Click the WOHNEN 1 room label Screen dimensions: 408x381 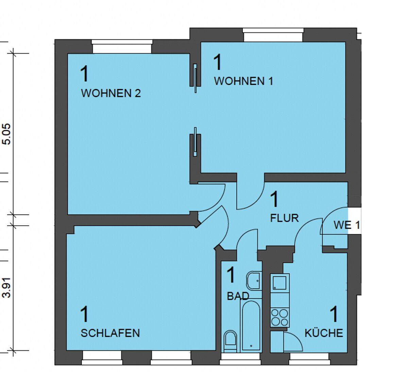click(244, 81)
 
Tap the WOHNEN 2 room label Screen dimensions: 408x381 click(111, 93)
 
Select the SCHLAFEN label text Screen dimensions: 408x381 click(110, 333)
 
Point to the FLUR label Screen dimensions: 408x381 click(284, 218)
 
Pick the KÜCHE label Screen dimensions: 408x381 click(324, 333)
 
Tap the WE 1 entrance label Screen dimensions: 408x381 click(347, 225)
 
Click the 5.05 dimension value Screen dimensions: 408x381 click(7, 134)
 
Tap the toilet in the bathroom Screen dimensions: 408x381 click(230, 341)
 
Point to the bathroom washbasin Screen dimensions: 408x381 click(254, 280)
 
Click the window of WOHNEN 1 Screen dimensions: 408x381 click(273, 35)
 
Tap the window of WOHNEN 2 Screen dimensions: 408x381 click(122, 47)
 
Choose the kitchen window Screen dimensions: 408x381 click(309, 359)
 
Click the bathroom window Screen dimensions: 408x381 click(240, 359)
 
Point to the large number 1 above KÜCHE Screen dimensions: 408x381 click(334, 314)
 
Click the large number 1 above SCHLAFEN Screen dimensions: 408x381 click(84, 314)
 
